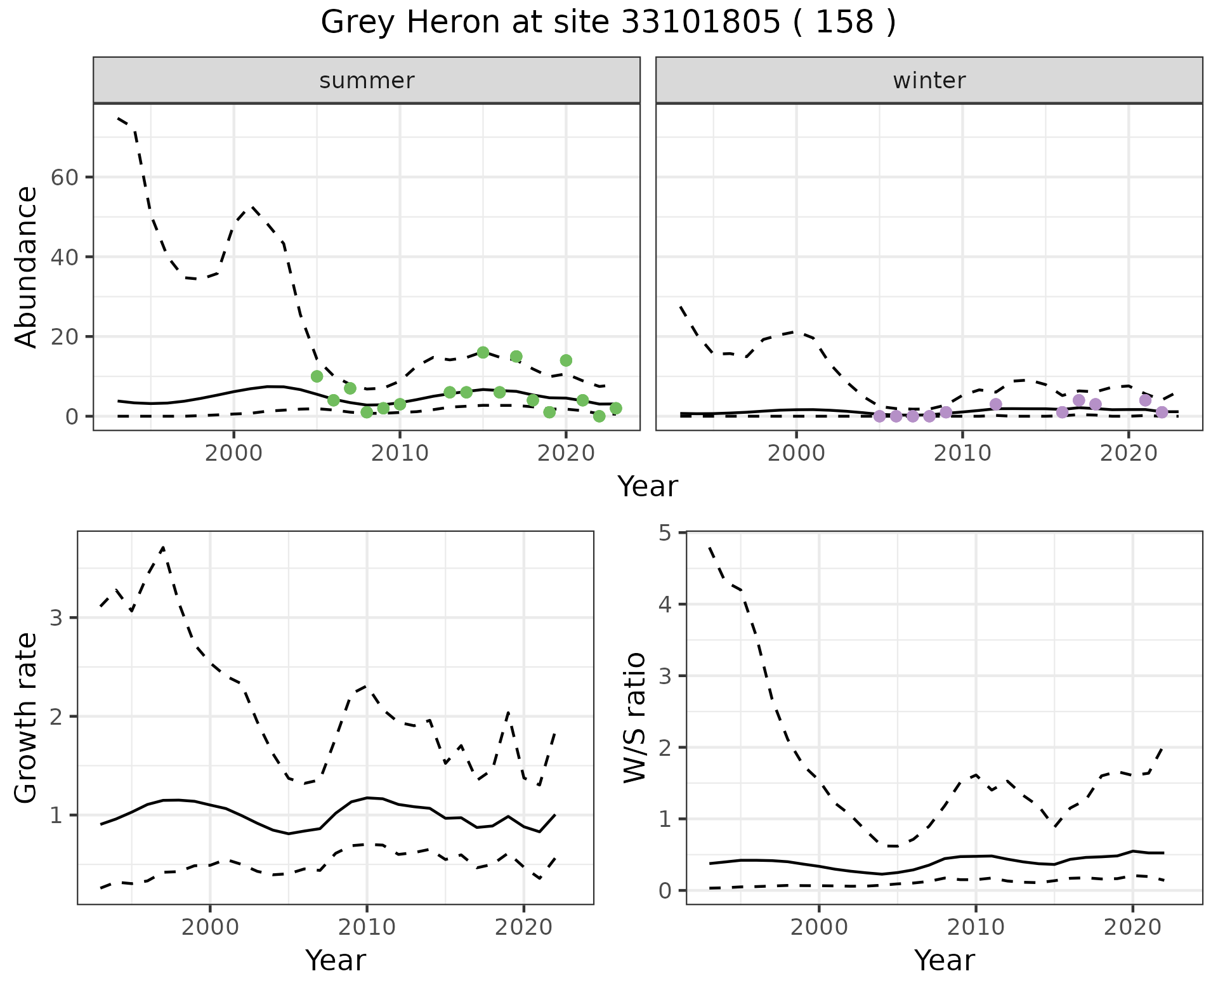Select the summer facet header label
click(367, 81)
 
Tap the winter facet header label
click(929, 81)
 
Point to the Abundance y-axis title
click(26, 267)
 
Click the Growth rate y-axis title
click(26, 717)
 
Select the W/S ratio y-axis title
click(635, 717)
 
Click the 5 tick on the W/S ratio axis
click(665, 532)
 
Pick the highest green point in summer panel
click(483, 352)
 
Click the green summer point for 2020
click(566, 360)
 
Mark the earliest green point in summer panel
click(317, 376)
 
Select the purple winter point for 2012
click(995, 404)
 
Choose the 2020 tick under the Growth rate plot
click(523, 927)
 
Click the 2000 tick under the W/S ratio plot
click(819, 927)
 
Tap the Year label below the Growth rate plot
click(336, 960)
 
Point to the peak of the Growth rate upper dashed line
click(163, 546)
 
